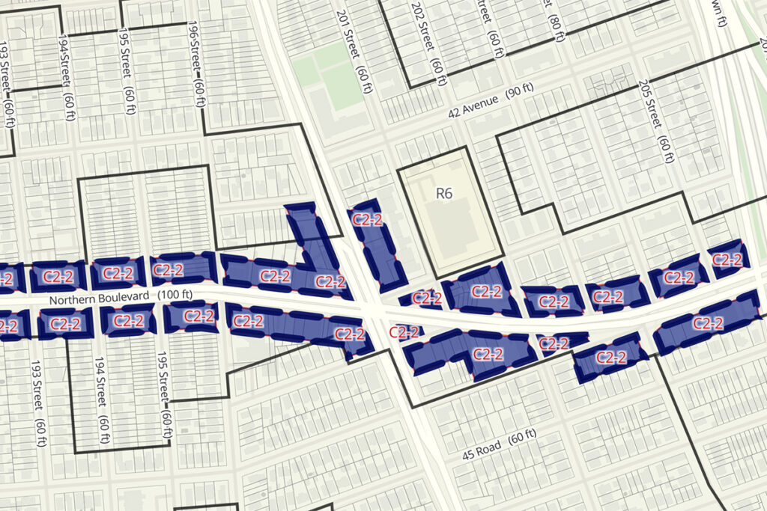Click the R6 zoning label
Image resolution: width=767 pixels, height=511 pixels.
tap(444, 194)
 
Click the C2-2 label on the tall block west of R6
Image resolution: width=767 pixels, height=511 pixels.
tap(369, 219)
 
